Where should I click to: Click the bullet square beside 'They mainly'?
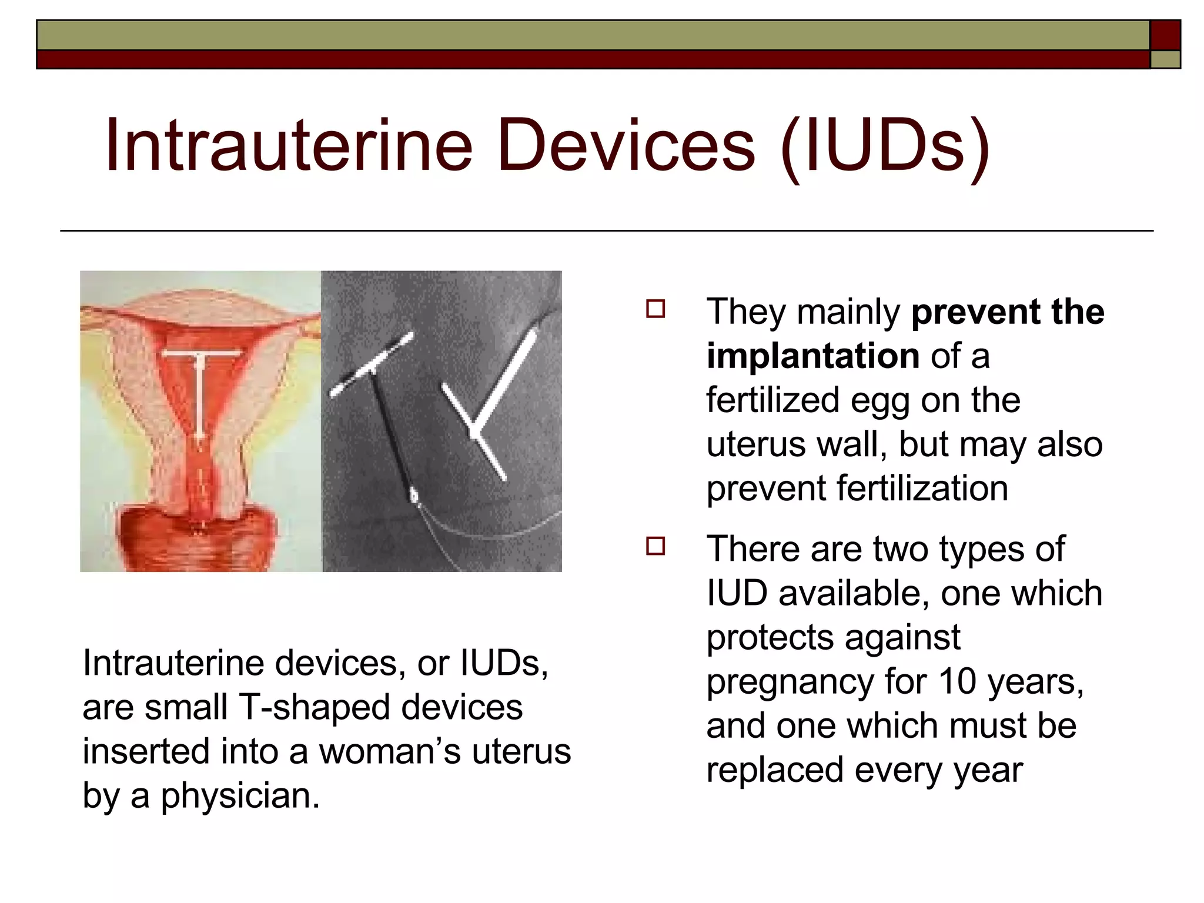point(655,309)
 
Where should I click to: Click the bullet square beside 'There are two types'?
point(655,546)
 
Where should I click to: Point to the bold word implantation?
point(812,356)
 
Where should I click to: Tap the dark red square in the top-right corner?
point(1165,35)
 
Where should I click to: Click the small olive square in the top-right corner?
point(1165,59)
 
